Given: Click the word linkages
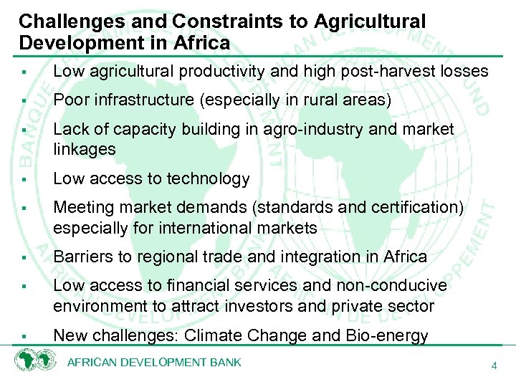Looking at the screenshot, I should [x=85, y=149].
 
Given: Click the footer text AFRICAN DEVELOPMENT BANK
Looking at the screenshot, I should [x=154, y=363].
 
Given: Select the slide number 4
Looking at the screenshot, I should [x=494, y=366].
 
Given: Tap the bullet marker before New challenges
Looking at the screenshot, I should [x=24, y=336].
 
